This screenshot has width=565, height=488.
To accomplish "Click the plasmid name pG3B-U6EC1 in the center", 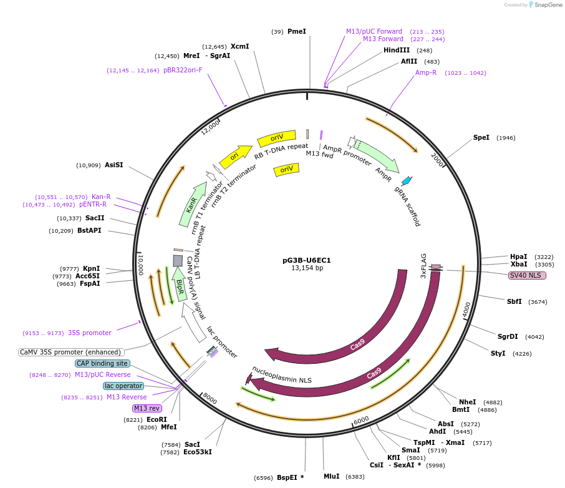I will (x=307, y=260).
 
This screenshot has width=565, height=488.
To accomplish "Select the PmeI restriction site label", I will (x=296, y=31).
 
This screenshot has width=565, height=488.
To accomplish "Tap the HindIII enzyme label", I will (x=397, y=50).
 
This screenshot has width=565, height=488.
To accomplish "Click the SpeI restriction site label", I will (x=481, y=137).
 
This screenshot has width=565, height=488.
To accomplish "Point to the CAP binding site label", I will (x=102, y=363).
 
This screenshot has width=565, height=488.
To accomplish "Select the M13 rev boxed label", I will (x=147, y=408).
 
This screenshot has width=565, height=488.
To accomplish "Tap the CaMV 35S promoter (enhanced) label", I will (x=70, y=352).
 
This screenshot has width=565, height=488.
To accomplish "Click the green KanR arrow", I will (x=193, y=204).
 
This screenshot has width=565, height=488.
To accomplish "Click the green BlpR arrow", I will (x=180, y=284).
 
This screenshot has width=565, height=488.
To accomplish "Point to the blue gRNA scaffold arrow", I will (x=407, y=181).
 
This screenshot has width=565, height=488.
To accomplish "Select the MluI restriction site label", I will (x=331, y=476).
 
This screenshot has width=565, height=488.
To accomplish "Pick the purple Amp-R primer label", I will (x=426, y=72).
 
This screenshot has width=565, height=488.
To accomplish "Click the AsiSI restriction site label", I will (x=113, y=165).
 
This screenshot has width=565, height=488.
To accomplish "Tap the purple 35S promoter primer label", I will (x=90, y=333).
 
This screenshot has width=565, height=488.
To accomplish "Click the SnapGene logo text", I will (x=546, y=5).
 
